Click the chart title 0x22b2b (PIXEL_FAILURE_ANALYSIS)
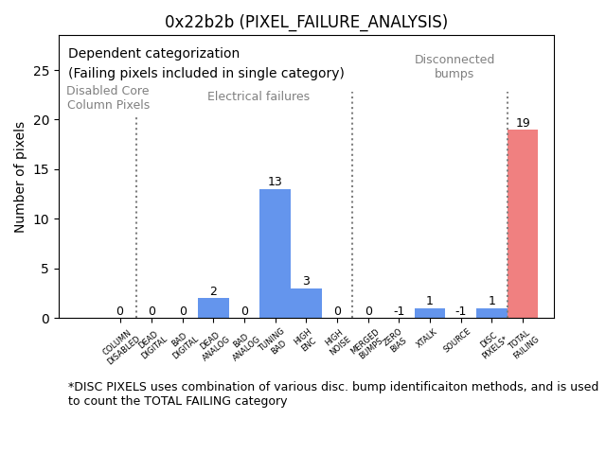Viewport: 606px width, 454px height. click(306, 22)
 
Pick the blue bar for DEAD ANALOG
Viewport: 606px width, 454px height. click(213, 308)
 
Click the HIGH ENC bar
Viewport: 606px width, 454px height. click(306, 303)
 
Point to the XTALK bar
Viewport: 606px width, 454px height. click(429, 313)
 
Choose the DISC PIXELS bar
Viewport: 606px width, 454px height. click(491, 313)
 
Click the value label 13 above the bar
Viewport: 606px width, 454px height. click(275, 182)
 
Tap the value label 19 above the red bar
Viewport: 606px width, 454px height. click(523, 123)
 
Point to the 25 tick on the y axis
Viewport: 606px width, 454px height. click(44, 71)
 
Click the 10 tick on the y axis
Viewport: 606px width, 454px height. click(44, 219)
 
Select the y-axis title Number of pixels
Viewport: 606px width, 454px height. click(20, 177)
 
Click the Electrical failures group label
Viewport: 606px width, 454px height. click(258, 96)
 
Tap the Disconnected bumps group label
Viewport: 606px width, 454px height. click(454, 66)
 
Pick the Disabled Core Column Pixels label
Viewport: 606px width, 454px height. click(108, 97)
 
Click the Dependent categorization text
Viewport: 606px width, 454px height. click(153, 54)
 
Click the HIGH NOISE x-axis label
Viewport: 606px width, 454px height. click(335, 344)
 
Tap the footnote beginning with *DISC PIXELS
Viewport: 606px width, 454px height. click(332, 393)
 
